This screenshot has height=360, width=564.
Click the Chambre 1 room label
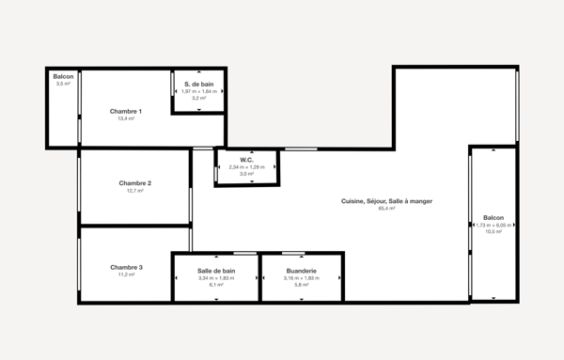(x=126, y=112)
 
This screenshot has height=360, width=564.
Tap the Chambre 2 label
(x=135, y=182)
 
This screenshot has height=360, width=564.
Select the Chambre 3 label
(x=126, y=267)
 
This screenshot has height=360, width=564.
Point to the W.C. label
(x=246, y=160)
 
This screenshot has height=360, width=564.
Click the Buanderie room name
(x=301, y=271)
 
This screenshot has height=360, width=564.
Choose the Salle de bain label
(x=216, y=271)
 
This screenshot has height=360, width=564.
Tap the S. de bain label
(x=199, y=84)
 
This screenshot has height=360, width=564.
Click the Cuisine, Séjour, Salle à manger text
(x=386, y=201)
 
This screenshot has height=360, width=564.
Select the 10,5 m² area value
(x=493, y=231)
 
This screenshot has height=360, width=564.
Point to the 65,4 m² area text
(x=386, y=209)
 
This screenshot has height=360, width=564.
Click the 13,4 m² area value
(x=126, y=119)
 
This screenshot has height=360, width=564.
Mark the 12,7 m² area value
(x=135, y=190)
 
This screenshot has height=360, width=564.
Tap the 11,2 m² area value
(x=126, y=274)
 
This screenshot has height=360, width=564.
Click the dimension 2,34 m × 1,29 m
(x=246, y=167)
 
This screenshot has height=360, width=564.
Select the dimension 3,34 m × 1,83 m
(x=216, y=278)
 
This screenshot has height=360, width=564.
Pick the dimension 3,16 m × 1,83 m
(x=301, y=278)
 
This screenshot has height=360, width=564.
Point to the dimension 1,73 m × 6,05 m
(x=493, y=225)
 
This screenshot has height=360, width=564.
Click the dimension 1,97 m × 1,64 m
(x=199, y=91)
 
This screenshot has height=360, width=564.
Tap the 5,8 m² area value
(x=301, y=285)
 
